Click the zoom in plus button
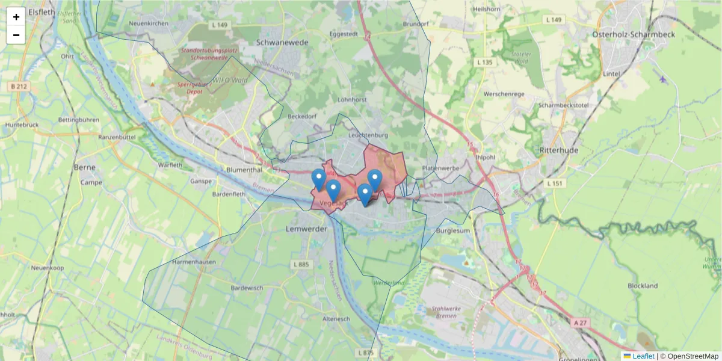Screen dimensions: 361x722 tap(16, 17)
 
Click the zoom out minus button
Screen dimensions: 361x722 tap(16, 35)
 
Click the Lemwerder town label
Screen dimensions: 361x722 tap(307, 229)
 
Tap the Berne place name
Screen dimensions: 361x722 tap(84, 167)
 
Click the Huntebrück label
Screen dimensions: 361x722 tap(22, 125)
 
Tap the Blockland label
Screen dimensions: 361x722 tap(643, 286)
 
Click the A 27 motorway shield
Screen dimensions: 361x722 tap(580, 323)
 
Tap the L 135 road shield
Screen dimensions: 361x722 tap(484, 63)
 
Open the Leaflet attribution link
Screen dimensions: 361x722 tap(643, 356)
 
